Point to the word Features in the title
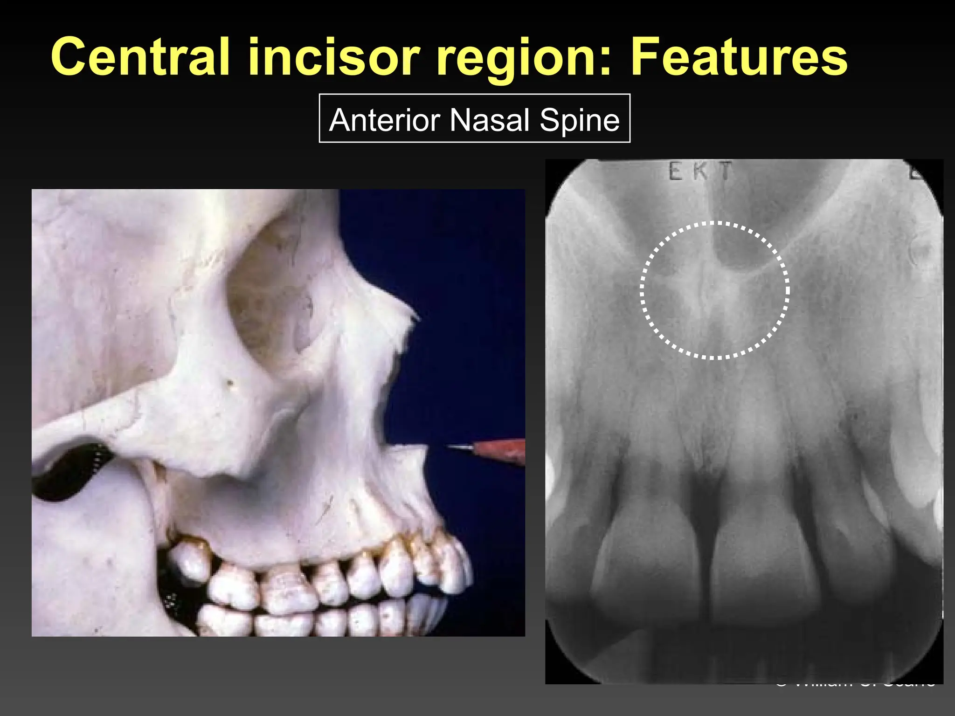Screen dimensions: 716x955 pyautogui.click(x=739, y=57)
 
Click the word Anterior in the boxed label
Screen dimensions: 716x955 pyautogui.click(x=384, y=120)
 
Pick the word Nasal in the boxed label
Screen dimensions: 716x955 pyautogui.click(x=489, y=120)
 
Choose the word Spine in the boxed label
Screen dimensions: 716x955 pyautogui.click(x=580, y=120)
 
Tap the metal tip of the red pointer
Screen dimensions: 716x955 pyautogui.click(x=459, y=447)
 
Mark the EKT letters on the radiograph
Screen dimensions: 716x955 pyautogui.click(x=700, y=172)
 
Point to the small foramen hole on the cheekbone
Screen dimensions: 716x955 pyautogui.click(x=229, y=383)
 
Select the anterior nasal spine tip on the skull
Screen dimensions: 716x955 pyautogui.click(x=424, y=448)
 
